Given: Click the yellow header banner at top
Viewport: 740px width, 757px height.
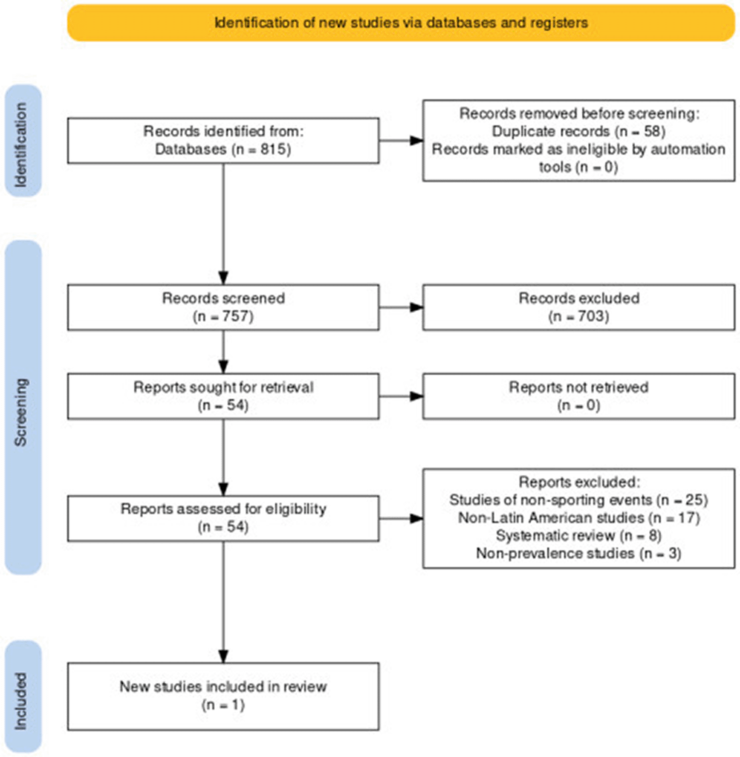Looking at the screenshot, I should pos(401,23).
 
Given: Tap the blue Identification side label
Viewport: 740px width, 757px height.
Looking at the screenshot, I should pos(23,141).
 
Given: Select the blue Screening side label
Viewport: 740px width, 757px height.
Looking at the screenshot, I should pos(23,408).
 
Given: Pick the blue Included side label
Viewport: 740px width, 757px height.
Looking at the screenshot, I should pos(23,697).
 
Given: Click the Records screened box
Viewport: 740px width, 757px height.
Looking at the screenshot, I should pos(223,307).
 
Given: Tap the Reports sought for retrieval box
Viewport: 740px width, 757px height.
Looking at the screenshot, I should pos(223,396).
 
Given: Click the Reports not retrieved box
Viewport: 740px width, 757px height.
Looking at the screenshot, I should pos(578,396).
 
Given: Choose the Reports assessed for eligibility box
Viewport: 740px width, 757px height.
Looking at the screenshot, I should pos(223,518).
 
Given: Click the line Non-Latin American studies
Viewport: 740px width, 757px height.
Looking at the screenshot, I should pos(578,518).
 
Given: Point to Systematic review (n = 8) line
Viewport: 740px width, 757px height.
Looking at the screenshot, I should pos(578,536).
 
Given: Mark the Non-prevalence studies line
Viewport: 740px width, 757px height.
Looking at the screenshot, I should pos(578,553).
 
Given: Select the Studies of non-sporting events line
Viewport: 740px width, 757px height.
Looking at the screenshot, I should pos(578,500).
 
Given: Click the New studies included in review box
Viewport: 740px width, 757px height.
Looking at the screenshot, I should pos(223,696).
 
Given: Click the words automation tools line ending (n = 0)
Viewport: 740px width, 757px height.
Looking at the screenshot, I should pos(578,167).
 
